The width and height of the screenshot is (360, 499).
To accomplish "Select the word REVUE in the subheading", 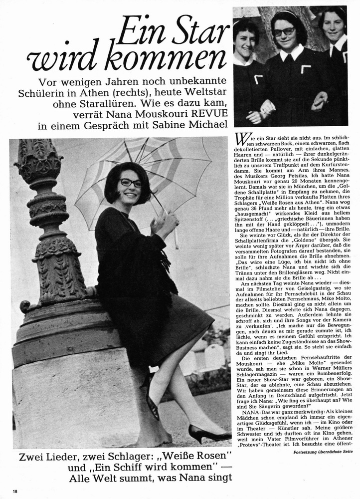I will point(209,112).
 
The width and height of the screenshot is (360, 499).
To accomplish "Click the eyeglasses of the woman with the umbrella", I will point(131,183).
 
